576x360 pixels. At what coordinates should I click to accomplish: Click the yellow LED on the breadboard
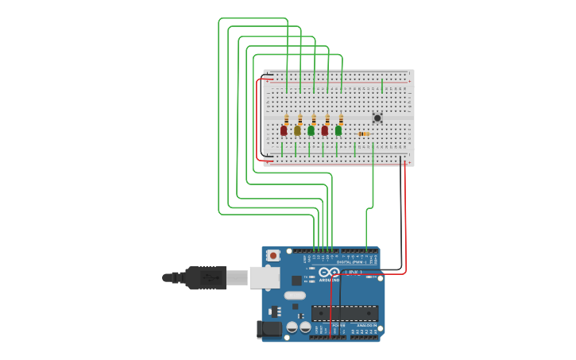pyautogui.click(x=297, y=130)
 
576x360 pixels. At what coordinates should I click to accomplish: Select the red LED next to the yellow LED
pyautogui.click(x=284, y=130)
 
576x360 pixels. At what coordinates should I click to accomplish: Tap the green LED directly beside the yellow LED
pyautogui.click(x=311, y=130)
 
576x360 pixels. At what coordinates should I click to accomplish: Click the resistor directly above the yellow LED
pyautogui.click(x=300, y=119)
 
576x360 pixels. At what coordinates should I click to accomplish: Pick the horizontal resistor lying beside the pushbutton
pyautogui.click(x=363, y=134)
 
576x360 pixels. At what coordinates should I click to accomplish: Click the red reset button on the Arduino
pyautogui.click(x=273, y=255)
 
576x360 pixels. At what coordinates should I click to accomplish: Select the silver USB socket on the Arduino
pyautogui.click(x=264, y=277)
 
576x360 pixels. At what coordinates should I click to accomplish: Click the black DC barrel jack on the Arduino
pyautogui.click(x=269, y=328)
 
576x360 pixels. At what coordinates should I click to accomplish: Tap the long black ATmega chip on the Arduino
pyautogui.click(x=344, y=312)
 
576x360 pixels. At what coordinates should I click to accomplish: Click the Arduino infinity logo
pyautogui.click(x=329, y=273)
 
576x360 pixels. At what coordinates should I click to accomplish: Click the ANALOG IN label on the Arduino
pyautogui.click(x=366, y=326)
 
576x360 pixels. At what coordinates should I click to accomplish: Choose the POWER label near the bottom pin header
pyautogui.click(x=338, y=326)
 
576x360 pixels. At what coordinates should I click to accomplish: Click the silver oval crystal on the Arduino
pyautogui.click(x=294, y=296)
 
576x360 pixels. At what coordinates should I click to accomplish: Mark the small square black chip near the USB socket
pyautogui.click(x=296, y=280)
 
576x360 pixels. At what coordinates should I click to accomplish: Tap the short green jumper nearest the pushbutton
pyautogui.click(x=381, y=85)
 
